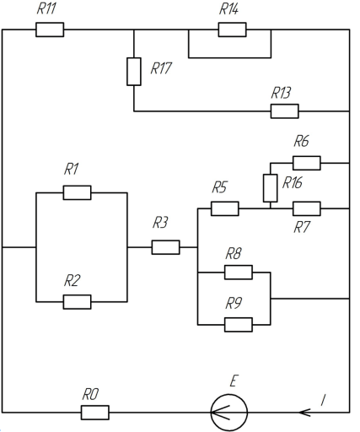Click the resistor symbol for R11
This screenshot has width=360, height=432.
50,30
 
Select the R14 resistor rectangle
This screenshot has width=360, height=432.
232,30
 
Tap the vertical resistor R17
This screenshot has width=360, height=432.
134,72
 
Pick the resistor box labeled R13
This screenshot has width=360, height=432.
285,111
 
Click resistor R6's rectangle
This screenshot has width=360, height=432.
307,163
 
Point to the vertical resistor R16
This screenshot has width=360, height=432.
271,188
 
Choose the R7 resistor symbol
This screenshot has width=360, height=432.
307,208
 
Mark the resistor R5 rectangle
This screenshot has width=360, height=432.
225,208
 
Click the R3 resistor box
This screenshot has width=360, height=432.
165,247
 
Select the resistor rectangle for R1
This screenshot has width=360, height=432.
77,192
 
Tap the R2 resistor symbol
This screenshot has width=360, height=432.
77,302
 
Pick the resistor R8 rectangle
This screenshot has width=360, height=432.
239,273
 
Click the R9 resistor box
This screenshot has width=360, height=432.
239,325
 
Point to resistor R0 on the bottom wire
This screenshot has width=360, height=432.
95,413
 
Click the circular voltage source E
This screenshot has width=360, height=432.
229,413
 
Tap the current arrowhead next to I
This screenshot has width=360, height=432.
304,413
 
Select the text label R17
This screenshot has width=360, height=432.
161,68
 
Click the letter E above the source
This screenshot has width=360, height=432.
234,381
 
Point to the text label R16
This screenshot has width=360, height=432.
293,183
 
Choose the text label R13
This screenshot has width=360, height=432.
281,93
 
